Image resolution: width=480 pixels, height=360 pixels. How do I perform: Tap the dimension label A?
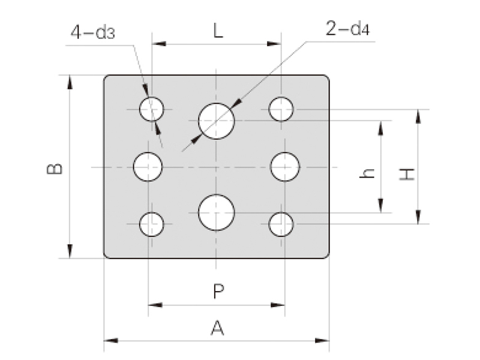(x=217, y=328)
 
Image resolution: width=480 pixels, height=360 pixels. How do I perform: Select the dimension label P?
(x=218, y=292)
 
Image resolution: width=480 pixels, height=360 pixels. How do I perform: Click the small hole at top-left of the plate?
(x=152, y=109)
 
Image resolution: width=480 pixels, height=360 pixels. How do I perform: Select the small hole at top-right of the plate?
(x=281, y=109)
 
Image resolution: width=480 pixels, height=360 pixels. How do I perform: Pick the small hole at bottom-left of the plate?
(x=152, y=224)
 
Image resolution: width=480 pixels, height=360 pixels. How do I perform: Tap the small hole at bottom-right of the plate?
(x=281, y=224)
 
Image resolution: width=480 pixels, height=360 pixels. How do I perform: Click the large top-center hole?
(x=217, y=121)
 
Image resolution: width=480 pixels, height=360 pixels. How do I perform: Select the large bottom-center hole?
(x=217, y=212)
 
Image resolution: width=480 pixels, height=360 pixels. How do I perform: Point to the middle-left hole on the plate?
(x=148, y=167)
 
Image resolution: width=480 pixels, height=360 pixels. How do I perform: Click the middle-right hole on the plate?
(x=285, y=167)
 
